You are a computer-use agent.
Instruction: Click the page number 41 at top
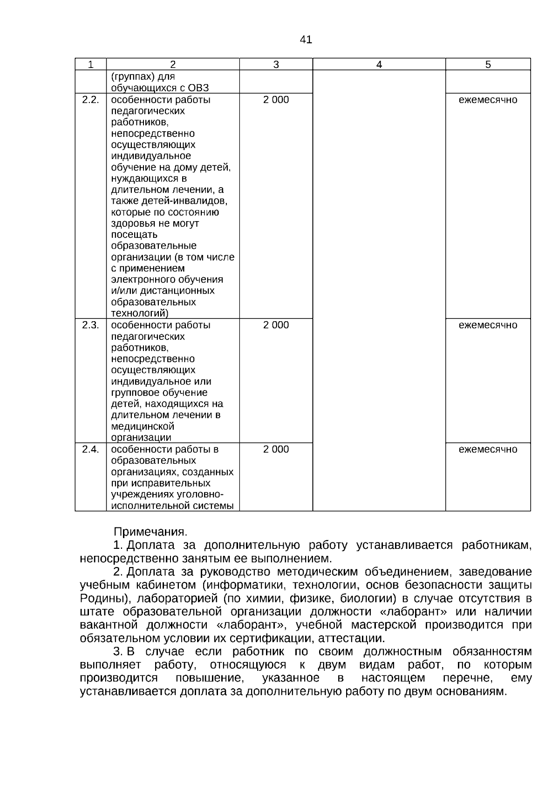click(306, 40)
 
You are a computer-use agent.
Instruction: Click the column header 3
click(276, 65)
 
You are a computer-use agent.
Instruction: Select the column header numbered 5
click(488, 65)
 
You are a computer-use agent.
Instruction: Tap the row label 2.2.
click(90, 100)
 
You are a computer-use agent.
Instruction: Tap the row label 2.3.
click(90, 325)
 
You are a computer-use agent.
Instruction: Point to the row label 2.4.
click(90, 449)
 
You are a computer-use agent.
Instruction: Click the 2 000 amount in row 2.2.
click(276, 100)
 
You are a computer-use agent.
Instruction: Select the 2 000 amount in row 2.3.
click(276, 325)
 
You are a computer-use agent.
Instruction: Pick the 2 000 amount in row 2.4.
click(276, 449)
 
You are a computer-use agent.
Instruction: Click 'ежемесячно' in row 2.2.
click(488, 100)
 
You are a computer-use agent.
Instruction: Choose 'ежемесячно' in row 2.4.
click(488, 449)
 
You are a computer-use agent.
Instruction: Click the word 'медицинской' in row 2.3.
click(143, 426)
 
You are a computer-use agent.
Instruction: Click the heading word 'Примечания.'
click(150, 532)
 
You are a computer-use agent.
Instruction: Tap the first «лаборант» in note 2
click(420, 611)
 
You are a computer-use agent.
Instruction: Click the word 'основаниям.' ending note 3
click(471, 692)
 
